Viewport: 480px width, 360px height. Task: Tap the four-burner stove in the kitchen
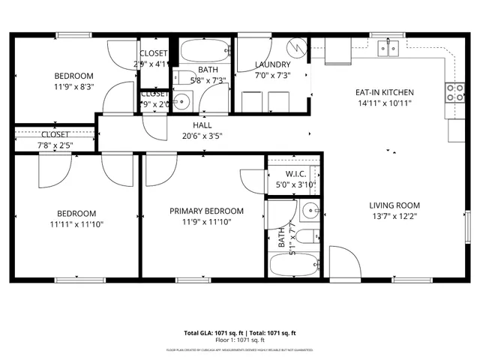[x=454, y=92]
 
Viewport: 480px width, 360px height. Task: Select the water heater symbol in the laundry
[x=299, y=48]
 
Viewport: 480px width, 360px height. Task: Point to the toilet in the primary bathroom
[x=304, y=238]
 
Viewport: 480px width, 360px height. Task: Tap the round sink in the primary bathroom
[x=310, y=209]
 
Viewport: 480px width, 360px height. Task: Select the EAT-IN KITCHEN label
[x=385, y=93]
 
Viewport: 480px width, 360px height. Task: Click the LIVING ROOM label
[x=394, y=205]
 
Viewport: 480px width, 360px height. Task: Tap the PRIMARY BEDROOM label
[x=206, y=211]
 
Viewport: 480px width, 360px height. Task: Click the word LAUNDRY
[x=272, y=65]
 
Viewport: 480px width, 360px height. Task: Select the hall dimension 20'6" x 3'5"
[x=202, y=136]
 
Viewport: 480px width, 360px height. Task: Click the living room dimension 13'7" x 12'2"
[x=394, y=217]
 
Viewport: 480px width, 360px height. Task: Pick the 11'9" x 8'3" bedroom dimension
[x=73, y=86]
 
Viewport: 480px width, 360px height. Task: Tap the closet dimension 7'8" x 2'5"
[x=55, y=145]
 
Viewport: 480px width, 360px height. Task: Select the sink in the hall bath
[x=182, y=100]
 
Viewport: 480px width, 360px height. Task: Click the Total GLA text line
[x=240, y=332]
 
